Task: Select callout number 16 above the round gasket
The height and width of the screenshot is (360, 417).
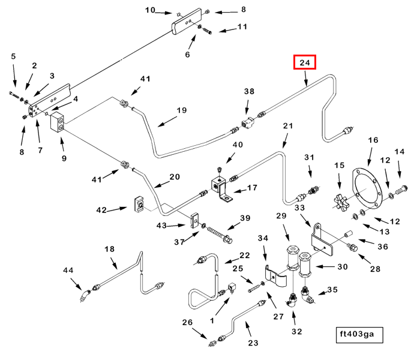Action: [x=373, y=140]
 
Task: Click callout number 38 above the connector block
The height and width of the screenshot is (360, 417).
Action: [x=249, y=91]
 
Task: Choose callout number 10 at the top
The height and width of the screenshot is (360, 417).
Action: [x=150, y=10]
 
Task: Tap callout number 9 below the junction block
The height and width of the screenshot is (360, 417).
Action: [x=64, y=159]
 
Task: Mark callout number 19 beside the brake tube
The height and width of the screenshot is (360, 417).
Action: [x=181, y=110]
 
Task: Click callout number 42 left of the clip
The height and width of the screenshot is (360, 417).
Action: [x=101, y=209]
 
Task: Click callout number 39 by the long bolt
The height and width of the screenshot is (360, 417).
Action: [x=245, y=218]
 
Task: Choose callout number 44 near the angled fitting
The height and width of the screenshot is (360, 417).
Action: [x=68, y=271]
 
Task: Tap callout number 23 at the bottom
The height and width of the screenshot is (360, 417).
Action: [x=253, y=343]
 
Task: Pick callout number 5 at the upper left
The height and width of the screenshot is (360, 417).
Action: [x=14, y=56]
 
